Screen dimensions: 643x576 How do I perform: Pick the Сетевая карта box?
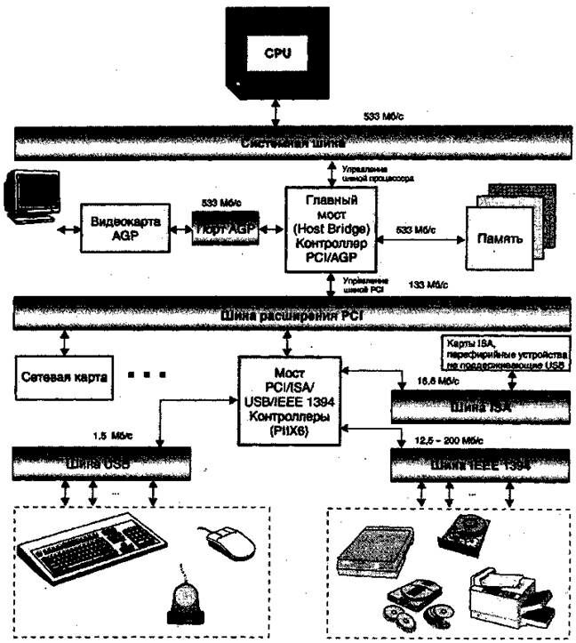61,375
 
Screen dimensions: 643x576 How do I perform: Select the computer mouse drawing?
228,538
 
